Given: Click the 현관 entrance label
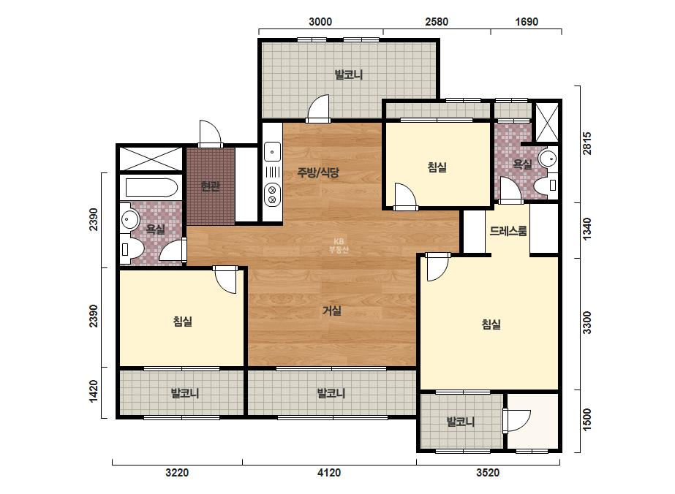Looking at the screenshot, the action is click(x=210, y=186).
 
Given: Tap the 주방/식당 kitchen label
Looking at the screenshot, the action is click(x=318, y=172).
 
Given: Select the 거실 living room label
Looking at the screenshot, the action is click(x=332, y=311).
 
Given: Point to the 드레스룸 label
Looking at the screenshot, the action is click(x=508, y=231).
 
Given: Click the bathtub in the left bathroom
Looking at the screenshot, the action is click(x=151, y=189).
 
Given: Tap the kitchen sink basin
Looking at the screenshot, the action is click(x=272, y=152).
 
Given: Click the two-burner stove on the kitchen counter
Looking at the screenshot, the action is click(x=272, y=194).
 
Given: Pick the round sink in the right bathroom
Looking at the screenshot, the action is click(x=548, y=159).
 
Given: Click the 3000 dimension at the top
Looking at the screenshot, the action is click(x=320, y=21).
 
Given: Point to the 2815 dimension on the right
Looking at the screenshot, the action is click(x=587, y=143).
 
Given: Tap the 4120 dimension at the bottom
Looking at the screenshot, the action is click(x=329, y=473).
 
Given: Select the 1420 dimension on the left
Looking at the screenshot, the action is click(x=94, y=392).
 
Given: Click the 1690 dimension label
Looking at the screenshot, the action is click(x=527, y=21).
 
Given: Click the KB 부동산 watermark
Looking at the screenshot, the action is click(x=339, y=246).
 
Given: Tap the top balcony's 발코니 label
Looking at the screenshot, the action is click(x=349, y=75).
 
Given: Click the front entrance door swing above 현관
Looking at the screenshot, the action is click(x=210, y=134).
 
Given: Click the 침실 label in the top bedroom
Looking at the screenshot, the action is click(x=437, y=167).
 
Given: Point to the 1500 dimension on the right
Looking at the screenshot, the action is click(x=587, y=419).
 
